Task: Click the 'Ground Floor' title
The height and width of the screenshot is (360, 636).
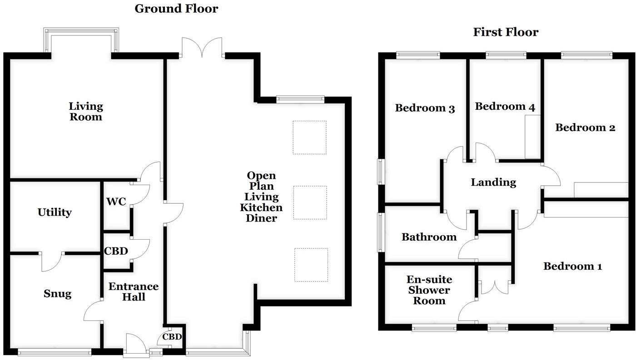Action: [176, 8]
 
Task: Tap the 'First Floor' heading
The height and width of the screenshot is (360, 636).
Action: [506, 32]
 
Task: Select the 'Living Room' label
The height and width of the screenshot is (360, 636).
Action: [86, 112]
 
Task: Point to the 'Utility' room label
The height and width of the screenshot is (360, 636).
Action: [55, 212]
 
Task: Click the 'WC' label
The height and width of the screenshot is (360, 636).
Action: [116, 202]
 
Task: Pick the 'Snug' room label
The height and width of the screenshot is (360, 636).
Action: [57, 294]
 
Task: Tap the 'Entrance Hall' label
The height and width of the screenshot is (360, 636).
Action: [134, 292]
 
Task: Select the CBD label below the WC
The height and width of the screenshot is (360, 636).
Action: [116, 251]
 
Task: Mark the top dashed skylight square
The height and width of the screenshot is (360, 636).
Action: [309, 137]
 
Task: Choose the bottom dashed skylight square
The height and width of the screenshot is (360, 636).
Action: [311, 265]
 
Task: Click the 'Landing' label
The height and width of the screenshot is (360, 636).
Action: [493, 182]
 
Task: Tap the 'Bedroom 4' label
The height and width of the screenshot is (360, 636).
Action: [505, 107]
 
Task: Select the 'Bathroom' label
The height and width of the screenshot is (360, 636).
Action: [429, 237]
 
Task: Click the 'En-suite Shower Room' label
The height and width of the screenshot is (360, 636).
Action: [429, 290]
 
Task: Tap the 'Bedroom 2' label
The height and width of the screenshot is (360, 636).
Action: [585, 128]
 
